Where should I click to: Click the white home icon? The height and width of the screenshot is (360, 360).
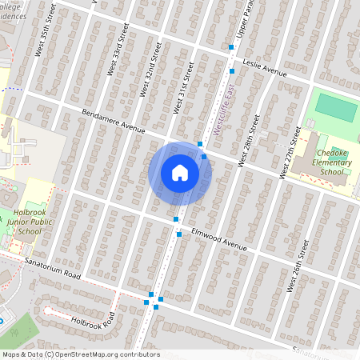click(180, 173)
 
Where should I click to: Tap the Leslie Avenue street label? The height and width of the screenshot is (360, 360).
click(264, 70)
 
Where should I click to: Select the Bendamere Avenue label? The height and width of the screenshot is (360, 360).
click(113, 122)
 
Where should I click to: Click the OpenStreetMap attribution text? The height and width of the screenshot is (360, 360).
click(80, 354)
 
